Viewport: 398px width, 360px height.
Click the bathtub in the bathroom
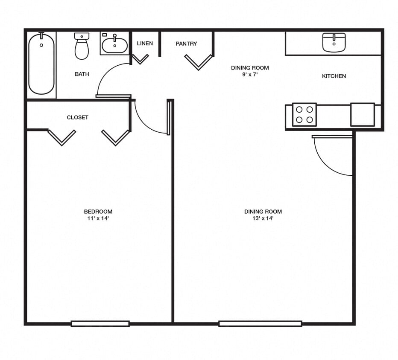coord(41,64)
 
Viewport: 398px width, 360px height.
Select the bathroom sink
coord(114,45)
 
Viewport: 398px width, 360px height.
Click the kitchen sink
coord(334,43)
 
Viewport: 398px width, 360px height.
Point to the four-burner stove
coord(304,114)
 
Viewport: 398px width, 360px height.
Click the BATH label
coord(82,74)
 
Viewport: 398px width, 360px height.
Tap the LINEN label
coord(145,44)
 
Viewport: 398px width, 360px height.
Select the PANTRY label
coord(186,44)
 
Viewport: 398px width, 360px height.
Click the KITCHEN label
coord(334,76)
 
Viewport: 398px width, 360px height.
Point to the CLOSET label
coord(77,117)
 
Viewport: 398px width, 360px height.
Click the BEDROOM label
coord(98,212)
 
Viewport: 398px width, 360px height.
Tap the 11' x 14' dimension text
coord(98,218)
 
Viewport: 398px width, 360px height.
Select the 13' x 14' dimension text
coord(263,218)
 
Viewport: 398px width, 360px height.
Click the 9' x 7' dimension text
coord(250,74)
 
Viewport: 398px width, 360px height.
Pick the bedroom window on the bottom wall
coord(100,323)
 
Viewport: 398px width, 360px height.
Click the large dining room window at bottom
coord(260,323)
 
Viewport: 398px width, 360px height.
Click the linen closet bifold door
coord(140,59)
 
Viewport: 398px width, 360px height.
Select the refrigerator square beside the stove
coord(363,114)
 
